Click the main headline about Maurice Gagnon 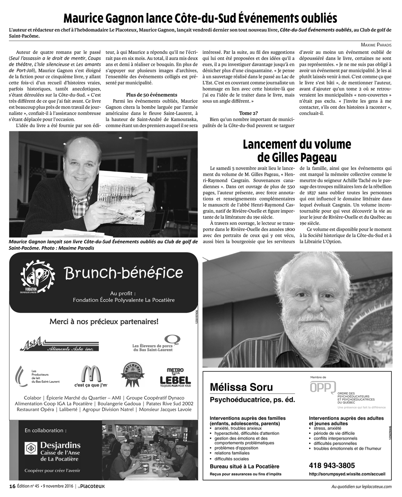tap(200, 18)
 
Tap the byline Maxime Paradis tap(374, 45)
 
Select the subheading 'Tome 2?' tap(248, 113)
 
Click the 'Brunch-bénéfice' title tap(123, 273)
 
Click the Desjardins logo tap(53, 448)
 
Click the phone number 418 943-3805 tap(332, 466)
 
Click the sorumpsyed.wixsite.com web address tap(347, 474)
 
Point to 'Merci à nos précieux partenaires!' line tap(103, 322)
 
